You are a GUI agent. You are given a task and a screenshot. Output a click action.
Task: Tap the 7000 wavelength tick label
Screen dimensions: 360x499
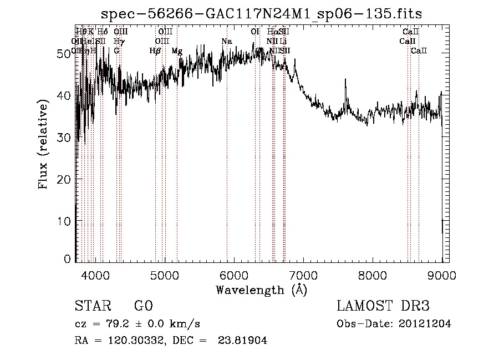[x=303, y=273]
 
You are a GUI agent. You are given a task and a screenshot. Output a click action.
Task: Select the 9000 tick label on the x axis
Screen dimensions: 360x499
[x=442, y=273]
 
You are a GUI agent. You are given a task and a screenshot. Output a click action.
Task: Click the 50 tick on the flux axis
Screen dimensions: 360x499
[x=65, y=53]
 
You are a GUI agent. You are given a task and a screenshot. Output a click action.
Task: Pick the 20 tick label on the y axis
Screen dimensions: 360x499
[x=65, y=179]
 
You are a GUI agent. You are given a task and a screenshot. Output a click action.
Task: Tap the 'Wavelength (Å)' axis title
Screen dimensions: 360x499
[x=261, y=289]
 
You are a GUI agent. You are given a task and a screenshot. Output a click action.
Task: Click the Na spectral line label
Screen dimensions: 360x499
[x=226, y=42]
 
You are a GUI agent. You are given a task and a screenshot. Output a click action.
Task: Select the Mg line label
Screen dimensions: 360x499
[x=177, y=51]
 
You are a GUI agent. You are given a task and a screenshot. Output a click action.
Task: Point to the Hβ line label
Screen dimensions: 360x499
[x=155, y=51]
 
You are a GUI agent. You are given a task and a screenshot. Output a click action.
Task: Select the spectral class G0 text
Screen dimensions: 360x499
[x=143, y=306]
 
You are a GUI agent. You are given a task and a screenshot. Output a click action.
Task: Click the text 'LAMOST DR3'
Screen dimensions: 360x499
[x=383, y=306]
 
